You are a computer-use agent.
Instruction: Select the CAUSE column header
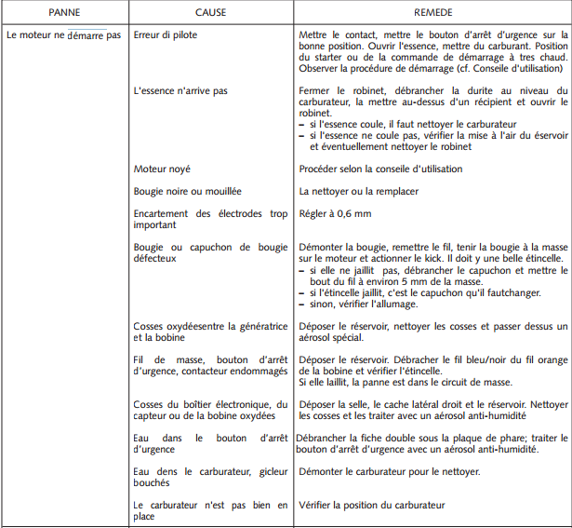210,13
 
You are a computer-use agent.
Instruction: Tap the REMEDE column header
433,13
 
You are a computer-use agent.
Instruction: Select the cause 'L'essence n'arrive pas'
181,91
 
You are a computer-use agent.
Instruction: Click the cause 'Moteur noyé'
162,169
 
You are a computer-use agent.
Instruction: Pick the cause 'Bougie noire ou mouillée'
188,191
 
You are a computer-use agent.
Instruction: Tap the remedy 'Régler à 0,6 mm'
335,213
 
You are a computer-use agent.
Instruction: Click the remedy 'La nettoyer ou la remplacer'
358,191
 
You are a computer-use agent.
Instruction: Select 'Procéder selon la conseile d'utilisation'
380,169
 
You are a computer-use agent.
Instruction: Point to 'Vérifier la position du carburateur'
372,505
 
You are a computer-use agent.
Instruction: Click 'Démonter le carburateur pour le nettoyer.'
389,472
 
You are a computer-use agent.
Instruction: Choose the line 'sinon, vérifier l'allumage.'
364,304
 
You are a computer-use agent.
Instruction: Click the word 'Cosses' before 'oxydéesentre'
149,326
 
